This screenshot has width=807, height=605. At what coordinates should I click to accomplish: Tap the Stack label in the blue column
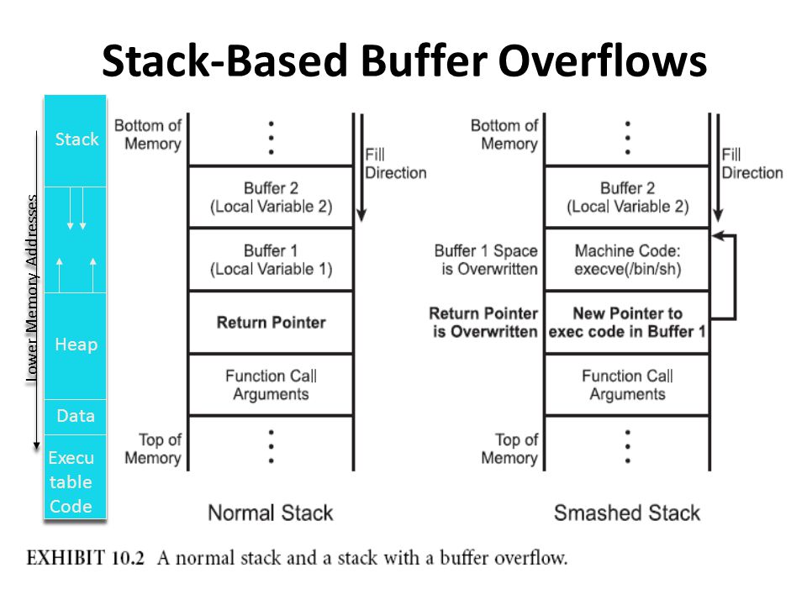click(76, 139)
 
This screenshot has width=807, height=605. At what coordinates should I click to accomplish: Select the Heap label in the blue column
click(76, 345)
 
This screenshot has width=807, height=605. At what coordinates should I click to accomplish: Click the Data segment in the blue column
click(76, 416)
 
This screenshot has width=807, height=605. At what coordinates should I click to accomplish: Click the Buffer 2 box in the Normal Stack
click(271, 197)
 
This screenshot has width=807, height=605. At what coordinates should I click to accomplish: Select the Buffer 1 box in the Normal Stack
click(271, 260)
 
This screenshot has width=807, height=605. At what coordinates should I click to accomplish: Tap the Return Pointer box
click(271, 322)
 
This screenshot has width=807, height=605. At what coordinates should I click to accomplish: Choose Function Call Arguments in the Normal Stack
click(271, 385)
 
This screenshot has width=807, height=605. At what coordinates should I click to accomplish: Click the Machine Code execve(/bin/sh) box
click(627, 260)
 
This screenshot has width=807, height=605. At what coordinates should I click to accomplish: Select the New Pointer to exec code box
click(627, 322)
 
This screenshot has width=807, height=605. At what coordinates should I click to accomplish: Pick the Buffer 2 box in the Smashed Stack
click(627, 197)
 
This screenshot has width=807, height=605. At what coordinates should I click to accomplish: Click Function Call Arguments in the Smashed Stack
click(627, 385)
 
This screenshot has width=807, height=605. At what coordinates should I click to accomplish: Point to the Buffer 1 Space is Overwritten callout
click(486, 260)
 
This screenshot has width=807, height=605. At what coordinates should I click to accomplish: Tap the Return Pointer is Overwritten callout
click(483, 322)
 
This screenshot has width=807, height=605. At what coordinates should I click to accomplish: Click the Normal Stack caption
click(270, 513)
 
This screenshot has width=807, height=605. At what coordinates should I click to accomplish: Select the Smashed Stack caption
click(626, 513)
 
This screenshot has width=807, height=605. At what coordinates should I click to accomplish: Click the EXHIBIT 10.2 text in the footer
click(75, 558)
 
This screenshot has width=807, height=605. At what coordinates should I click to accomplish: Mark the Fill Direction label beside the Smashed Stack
click(752, 164)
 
